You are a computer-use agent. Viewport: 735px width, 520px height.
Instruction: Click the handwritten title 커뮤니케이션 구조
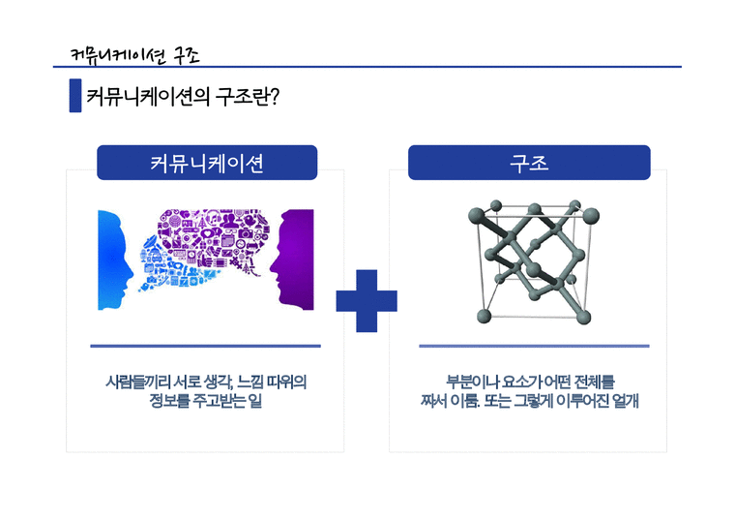click(x=136, y=54)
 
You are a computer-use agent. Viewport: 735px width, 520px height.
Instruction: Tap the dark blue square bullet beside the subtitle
click(x=74, y=98)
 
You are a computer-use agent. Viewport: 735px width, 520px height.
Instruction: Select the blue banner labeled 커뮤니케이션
click(x=207, y=163)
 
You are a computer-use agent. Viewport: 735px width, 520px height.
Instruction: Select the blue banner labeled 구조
click(x=529, y=163)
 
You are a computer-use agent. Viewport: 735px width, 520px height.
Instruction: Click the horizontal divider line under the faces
click(x=205, y=346)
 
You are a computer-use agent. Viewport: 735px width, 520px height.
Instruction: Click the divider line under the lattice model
click(x=534, y=346)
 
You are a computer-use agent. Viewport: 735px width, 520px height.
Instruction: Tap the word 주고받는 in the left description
click(x=220, y=402)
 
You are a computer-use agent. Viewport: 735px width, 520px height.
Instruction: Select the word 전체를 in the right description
click(x=595, y=382)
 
